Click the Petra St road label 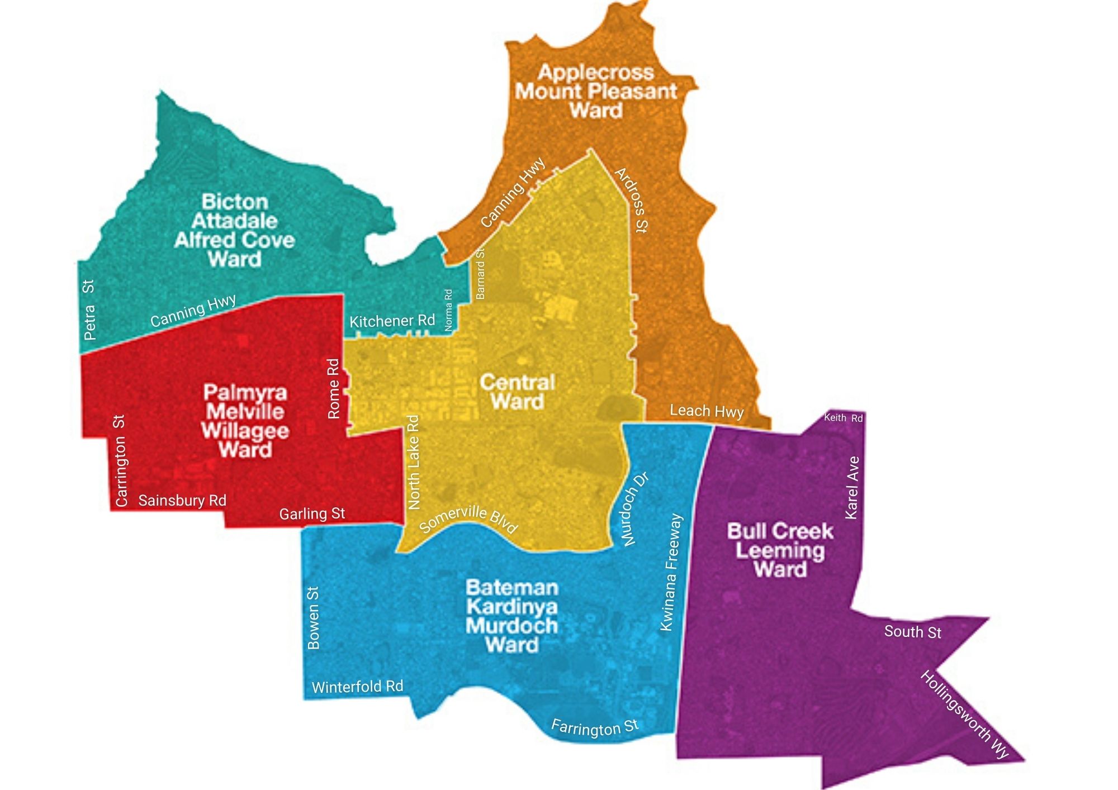[x=89, y=310]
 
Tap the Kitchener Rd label [x=392, y=321]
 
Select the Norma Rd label [x=448, y=310]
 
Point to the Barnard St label [x=480, y=274]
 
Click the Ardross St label [x=632, y=199]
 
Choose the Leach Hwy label [x=707, y=411]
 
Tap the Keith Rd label [x=843, y=417]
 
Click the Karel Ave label [x=851, y=488]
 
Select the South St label [x=912, y=632]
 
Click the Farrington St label [x=594, y=727]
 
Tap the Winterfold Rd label [x=357, y=687]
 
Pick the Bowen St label [x=314, y=618]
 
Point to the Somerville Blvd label [x=468, y=518]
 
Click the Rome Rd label [x=333, y=389]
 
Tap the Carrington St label [x=120, y=461]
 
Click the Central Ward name [x=518, y=392]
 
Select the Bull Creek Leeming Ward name [x=780, y=550]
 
